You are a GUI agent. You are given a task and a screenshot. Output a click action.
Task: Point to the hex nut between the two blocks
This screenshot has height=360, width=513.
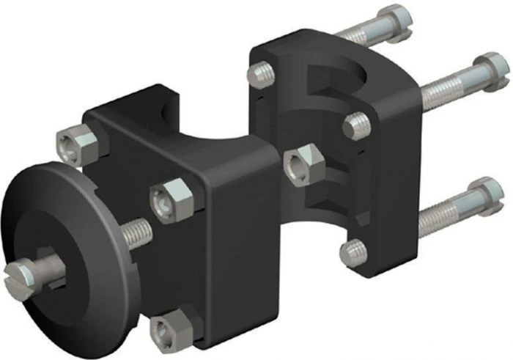[302, 164]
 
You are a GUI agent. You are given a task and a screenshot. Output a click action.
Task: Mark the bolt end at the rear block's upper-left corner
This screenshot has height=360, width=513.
[260, 75]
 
